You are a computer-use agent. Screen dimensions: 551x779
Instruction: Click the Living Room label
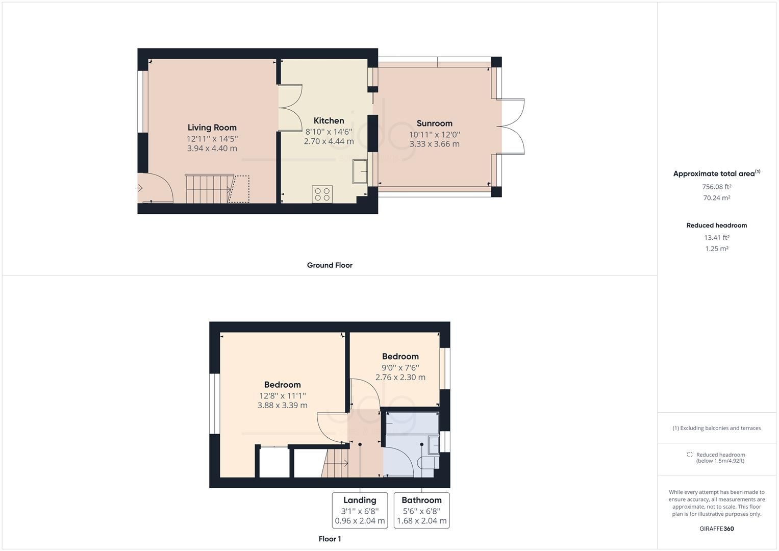click(x=212, y=128)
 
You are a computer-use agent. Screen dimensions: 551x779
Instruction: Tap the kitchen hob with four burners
click(x=322, y=194)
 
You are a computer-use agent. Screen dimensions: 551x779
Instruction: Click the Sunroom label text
click(x=434, y=123)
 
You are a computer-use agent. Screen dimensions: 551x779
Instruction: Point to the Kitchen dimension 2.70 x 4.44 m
click(x=329, y=141)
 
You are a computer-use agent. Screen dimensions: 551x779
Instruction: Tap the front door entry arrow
click(x=139, y=188)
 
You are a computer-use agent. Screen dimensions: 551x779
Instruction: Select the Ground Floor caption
click(x=330, y=265)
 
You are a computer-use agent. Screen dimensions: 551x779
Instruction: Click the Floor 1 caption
click(x=330, y=539)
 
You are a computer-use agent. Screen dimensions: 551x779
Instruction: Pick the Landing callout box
click(x=360, y=510)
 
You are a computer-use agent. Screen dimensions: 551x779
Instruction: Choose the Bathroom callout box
click(x=421, y=510)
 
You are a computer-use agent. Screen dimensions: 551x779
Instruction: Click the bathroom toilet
click(x=428, y=463)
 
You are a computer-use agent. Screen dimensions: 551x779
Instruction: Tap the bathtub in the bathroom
click(x=412, y=423)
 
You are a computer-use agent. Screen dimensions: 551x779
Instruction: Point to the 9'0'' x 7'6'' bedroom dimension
click(x=400, y=367)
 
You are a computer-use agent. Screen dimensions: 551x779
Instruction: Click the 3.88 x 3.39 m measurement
click(x=282, y=406)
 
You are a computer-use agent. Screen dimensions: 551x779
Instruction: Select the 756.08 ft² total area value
click(x=716, y=187)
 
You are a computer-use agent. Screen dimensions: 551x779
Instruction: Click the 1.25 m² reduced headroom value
click(x=716, y=249)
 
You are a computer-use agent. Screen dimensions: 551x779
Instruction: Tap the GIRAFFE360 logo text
click(x=716, y=529)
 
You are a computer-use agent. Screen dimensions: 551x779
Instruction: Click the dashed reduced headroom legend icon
click(x=690, y=455)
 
